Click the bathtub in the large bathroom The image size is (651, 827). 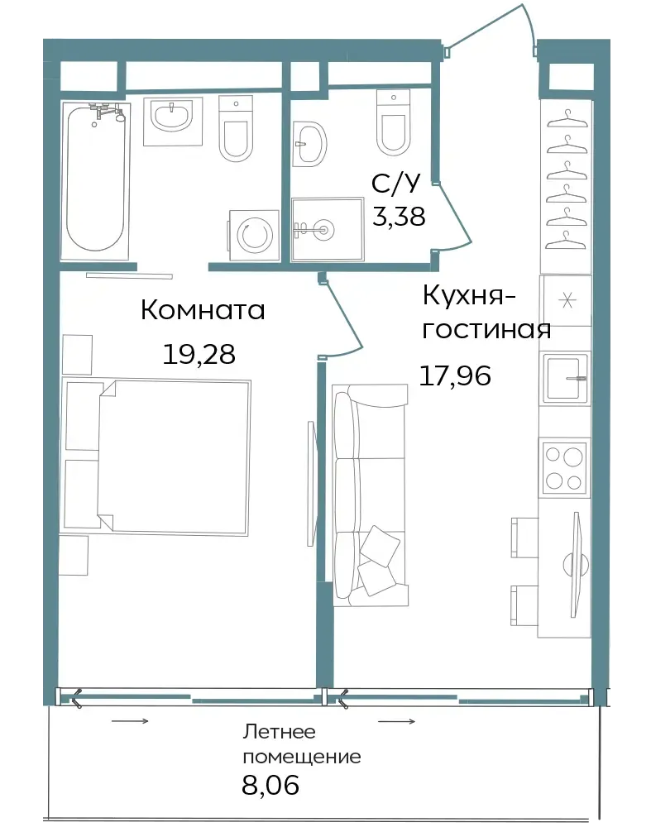(x=95, y=180)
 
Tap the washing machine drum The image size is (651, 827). (x=255, y=235)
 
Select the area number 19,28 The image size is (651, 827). (x=199, y=354)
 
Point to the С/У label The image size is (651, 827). (x=395, y=183)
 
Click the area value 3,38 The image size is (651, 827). (x=399, y=216)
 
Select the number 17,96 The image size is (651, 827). (x=455, y=375)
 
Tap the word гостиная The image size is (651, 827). (x=486, y=330)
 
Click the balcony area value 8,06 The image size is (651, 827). (x=270, y=784)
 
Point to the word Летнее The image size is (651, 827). (x=279, y=732)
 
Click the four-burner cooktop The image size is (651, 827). (x=564, y=467)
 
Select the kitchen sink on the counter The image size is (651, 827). (x=567, y=378)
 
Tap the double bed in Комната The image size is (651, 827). (x=156, y=456)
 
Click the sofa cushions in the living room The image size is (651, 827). (x=377, y=560)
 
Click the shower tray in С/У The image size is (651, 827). (x=327, y=229)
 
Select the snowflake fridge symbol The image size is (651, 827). (x=567, y=301)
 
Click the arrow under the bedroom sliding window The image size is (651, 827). (x=131, y=721)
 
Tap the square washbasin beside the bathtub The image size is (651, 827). (x=173, y=122)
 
